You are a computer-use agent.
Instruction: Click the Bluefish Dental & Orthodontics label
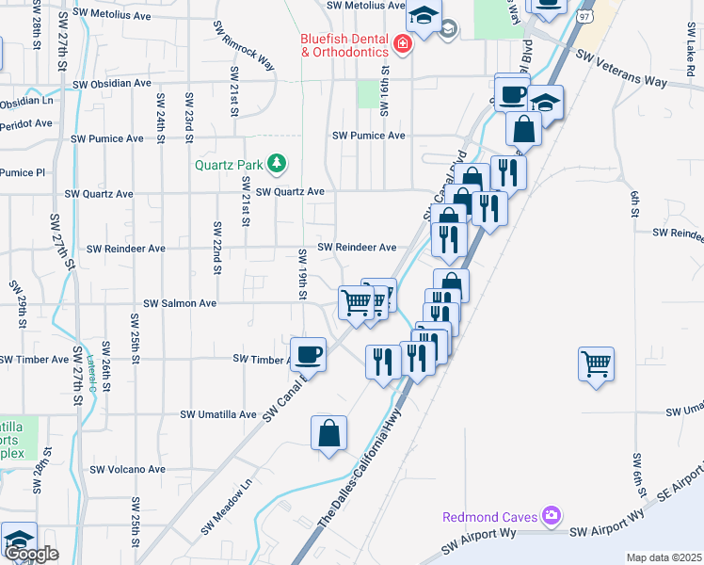[x=344, y=45]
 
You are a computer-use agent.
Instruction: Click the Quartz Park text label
[x=229, y=165]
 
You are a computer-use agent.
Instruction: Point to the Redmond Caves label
[x=490, y=516]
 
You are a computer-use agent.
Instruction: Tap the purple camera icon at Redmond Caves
[x=552, y=516]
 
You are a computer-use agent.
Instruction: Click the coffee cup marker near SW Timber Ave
[x=309, y=354]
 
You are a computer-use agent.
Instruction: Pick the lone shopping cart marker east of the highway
[x=597, y=363]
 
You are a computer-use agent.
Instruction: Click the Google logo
[x=31, y=554]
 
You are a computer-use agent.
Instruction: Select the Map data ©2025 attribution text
[x=664, y=557]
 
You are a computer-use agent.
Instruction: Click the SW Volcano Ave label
[x=128, y=469]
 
